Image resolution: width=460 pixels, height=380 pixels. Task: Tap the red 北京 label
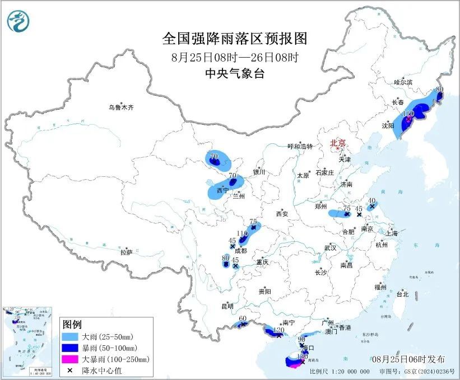point(338,143)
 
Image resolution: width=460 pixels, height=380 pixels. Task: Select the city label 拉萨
point(126,252)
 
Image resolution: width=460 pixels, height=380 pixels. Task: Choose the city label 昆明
point(227,306)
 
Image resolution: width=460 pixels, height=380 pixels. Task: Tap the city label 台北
point(402,294)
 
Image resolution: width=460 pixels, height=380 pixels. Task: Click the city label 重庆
point(263,262)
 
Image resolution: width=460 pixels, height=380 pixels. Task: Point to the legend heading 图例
point(72,325)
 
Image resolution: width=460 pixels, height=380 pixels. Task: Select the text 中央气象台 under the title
point(235,74)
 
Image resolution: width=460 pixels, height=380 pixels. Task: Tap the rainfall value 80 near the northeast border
point(439,89)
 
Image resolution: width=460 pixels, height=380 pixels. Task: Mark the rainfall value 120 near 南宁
point(276,330)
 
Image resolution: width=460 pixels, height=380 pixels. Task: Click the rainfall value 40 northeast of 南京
point(371,200)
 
